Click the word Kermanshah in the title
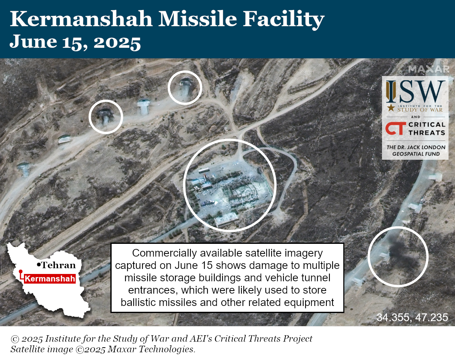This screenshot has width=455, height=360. (81, 19)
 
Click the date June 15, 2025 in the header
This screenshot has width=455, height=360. (75, 42)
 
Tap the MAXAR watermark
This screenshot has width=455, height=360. (429, 69)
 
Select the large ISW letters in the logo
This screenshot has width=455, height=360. (415, 91)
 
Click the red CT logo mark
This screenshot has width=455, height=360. (396, 128)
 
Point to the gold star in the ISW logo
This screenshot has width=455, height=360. (391, 108)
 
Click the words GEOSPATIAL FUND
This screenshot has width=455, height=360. (416, 154)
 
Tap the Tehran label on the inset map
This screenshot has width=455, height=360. (58, 265)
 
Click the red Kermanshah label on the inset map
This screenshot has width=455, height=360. (50, 279)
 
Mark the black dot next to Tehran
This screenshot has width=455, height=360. (39, 265)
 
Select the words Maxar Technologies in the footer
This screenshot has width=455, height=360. (150, 349)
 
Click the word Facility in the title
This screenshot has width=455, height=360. (284, 20)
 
